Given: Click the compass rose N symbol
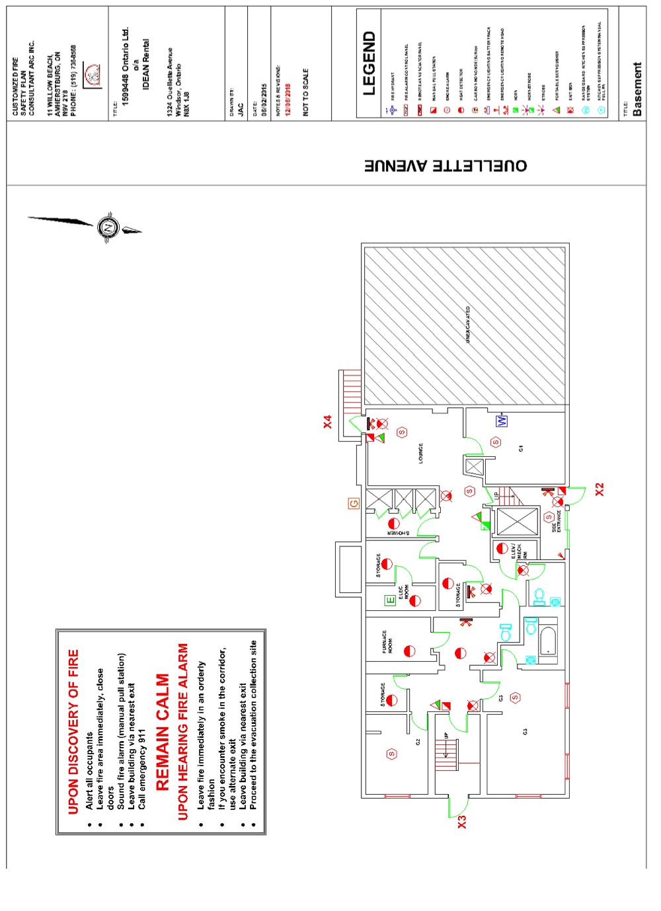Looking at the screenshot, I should pyautogui.click(x=108, y=227).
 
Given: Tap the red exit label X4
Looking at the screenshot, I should pyautogui.click(x=328, y=422).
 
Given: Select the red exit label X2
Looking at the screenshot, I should pyautogui.click(x=600, y=490).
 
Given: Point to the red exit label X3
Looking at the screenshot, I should pyautogui.click(x=462, y=822).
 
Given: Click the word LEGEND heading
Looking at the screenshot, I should pyautogui.click(x=369, y=63).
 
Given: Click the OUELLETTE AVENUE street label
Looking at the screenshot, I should pyautogui.click(x=446, y=165).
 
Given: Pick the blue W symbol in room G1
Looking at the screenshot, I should pyautogui.click(x=502, y=420).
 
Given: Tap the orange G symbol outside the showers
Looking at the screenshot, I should pyautogui.click(x=354, y=504).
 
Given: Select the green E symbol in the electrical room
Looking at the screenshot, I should pyautogui.click(x=390, y=600).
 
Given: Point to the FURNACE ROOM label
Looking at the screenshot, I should pyautogui.click(x=387, y=642).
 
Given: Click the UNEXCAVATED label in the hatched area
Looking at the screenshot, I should pyautogui.click(x=468, y=324).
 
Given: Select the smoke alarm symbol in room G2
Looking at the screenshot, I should pyautogui.click(x=392, y=754).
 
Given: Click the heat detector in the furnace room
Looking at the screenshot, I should pyautogui.click(x=410, y=651).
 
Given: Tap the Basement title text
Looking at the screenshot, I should pyautogui.click(x=637, y=89).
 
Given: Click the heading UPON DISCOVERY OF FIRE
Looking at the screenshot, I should pyautogui.click(x=73, y=731).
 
